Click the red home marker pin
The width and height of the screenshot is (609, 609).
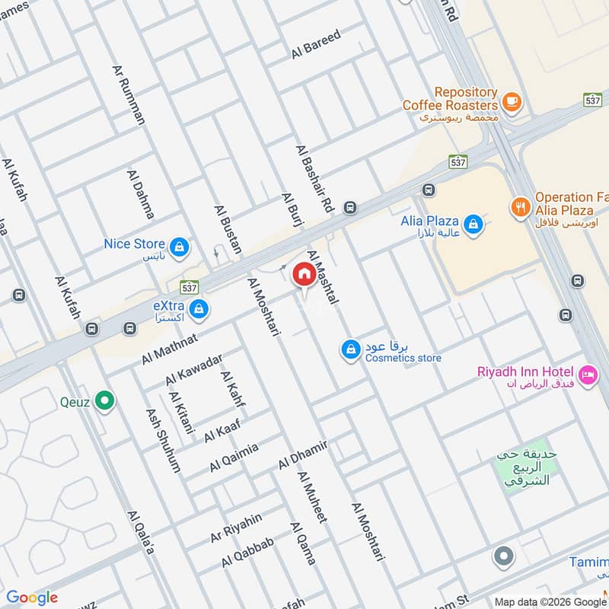pyautogui.click(x=304, y=274)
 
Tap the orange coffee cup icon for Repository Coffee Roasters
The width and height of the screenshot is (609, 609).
pyautogui.click(x=512, y=100)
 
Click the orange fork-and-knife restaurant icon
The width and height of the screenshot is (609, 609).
pyautogui.click(x=521, y=206)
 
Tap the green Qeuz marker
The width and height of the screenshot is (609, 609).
pyautogui.click(x=105, y=400)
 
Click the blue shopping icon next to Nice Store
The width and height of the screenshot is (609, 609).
pyautogui.click(x=179, y=247)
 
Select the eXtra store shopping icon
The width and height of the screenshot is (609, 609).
pyautogui.click(x=199, y=308)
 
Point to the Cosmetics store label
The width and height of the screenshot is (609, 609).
pyautogui.click(x=403, y=358)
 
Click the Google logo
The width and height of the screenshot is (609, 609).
pyautogui.click(x=32, y=597)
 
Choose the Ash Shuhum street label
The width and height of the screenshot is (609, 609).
pyautogui.click(x=163, y=441)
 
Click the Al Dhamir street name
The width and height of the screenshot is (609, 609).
pyautogui.click(x=302, y=454)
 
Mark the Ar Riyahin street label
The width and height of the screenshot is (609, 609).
pyautogui.click(x=236, y=528)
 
